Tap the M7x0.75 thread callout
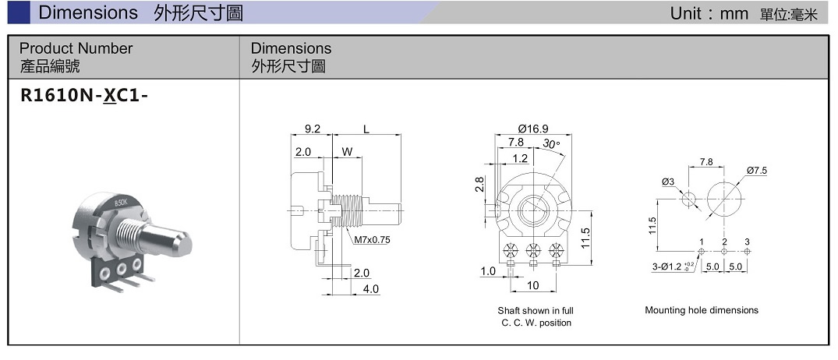click(x=372, y=239)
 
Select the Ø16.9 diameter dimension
click(x=533, y=128)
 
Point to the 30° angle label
click(x=552, y=144)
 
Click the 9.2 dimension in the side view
click(x=313, y=128)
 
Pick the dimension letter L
click(x=366, y=128)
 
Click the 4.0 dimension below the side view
click(x=371, y=288)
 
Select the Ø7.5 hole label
click(x=756, y=170)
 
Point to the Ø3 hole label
click(x=667, y=182)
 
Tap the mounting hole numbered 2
click(x=724, y=252)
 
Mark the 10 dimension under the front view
click(x=533, y=285)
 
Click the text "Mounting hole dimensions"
click(x=701, y=310)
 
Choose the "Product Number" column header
click(x=76, y=48)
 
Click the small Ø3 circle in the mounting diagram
click(x=688, y=199)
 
